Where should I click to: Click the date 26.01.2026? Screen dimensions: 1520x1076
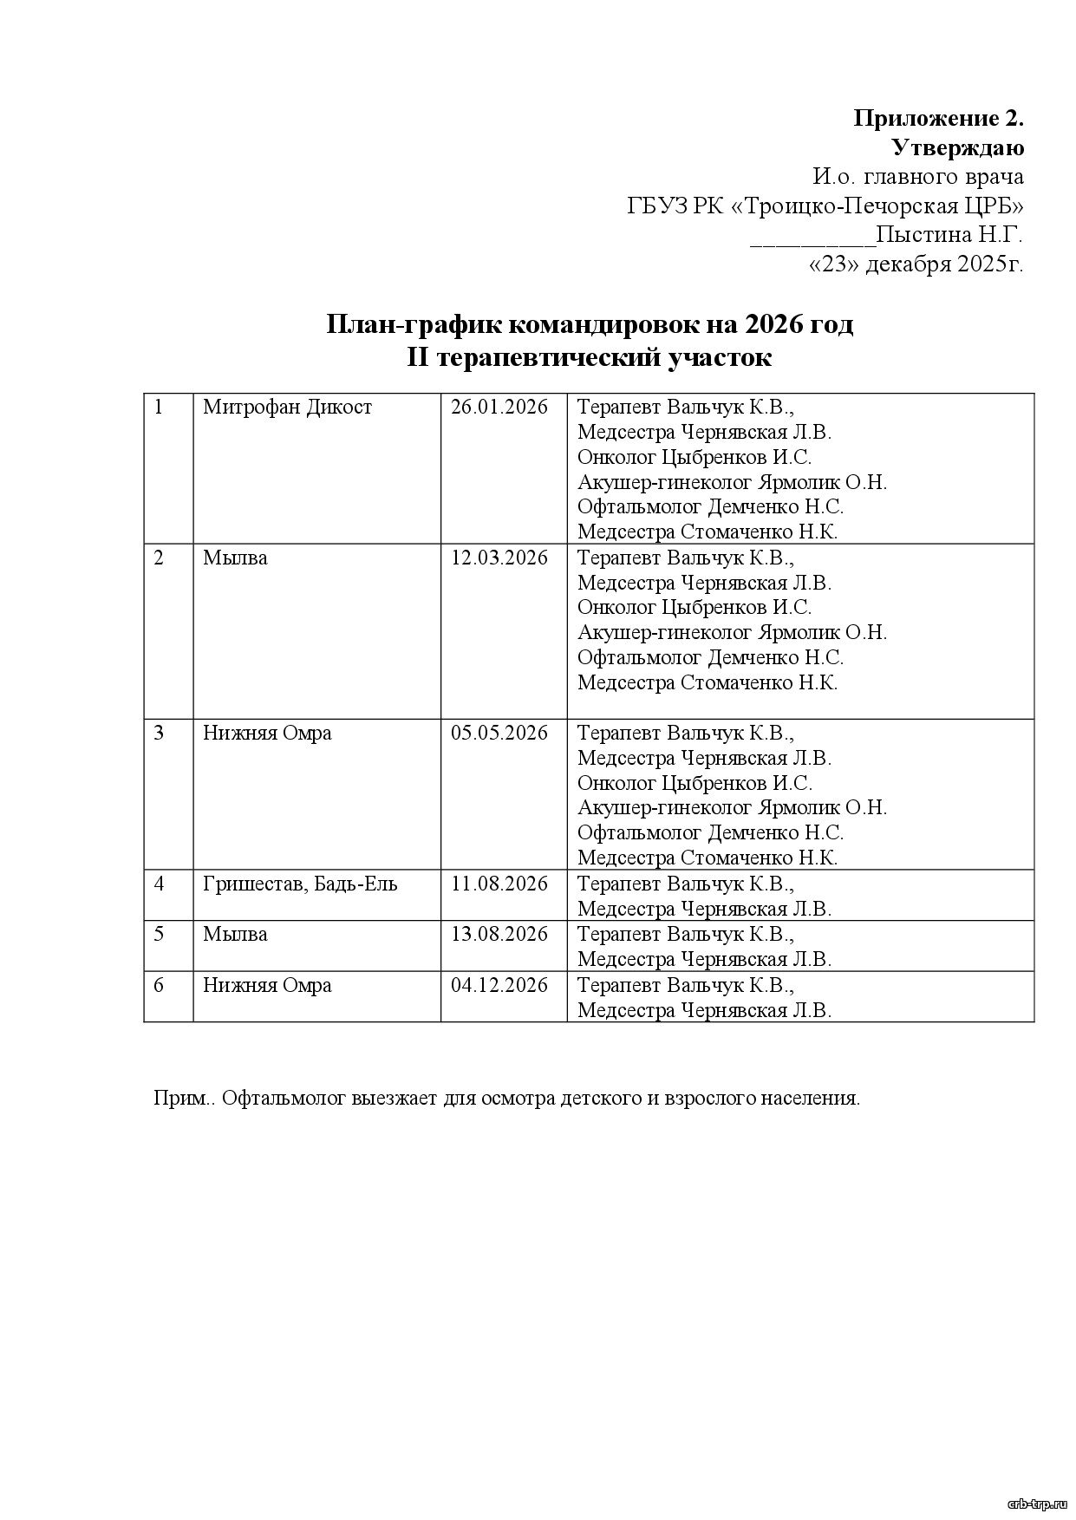499,408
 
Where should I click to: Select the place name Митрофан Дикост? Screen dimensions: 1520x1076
287,408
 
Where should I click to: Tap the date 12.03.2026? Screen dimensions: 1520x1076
499,558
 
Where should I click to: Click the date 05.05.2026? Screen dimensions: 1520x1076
499,734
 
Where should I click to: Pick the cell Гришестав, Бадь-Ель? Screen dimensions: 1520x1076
300,884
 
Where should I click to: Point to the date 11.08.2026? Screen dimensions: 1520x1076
499,884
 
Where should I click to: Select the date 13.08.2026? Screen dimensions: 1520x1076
499,935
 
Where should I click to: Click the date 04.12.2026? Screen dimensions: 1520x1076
499,986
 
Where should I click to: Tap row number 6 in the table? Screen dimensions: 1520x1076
159,986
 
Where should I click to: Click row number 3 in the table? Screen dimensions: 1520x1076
159,734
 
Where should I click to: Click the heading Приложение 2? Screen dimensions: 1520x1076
939,118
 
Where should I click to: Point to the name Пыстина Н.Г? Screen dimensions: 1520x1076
949,235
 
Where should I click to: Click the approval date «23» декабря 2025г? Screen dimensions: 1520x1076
916,264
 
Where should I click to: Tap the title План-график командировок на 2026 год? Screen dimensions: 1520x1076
590,325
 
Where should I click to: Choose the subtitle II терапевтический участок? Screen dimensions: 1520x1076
590,357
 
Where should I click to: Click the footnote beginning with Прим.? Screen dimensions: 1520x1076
506,1099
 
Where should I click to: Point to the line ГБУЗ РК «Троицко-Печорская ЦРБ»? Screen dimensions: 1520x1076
825,206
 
